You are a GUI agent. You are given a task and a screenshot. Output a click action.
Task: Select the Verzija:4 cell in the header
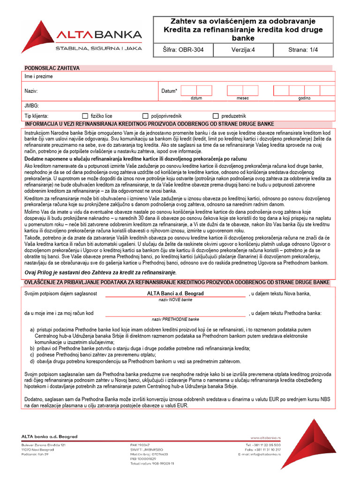coord(244,50)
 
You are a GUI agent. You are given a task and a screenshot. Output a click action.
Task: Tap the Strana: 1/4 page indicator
coord(303,50)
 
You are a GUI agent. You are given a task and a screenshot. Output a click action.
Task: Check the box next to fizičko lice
coord(85,116)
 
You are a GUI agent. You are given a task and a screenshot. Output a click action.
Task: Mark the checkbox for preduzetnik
coord(216,116)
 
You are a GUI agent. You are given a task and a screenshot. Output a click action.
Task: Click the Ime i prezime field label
coord(38,76)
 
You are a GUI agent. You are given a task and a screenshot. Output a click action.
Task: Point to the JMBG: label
coord(31,106)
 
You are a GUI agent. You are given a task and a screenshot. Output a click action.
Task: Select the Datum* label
coord(169,91)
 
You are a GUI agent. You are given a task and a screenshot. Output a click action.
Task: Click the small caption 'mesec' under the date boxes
coord(242,98)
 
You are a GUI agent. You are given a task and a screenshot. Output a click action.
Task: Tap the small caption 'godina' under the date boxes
coord(304,98)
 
